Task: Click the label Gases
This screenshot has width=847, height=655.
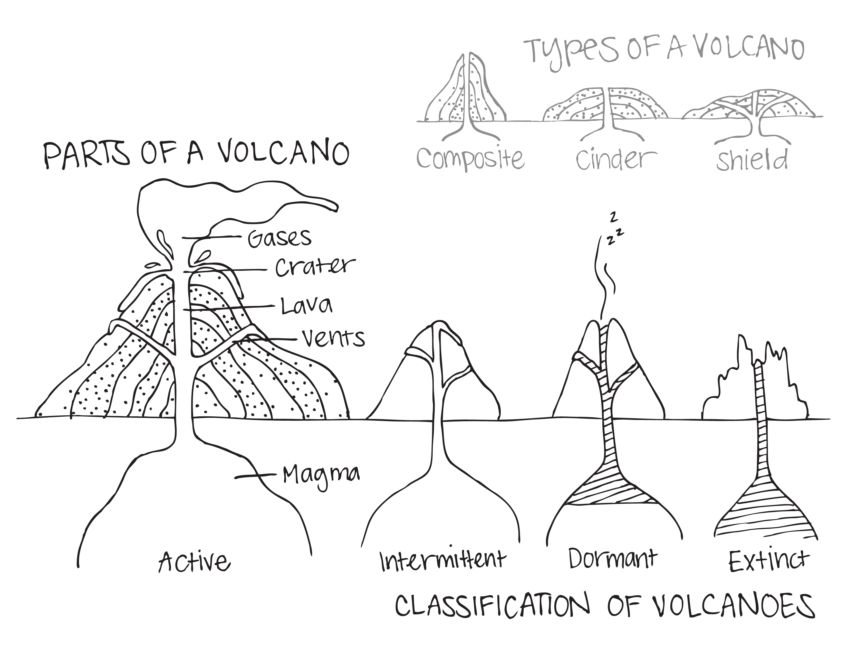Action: pos(279,238)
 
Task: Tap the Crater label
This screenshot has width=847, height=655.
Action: pos(315,267)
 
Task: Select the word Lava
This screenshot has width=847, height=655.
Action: pos(306,306)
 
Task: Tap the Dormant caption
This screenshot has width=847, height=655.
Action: pos(613,559)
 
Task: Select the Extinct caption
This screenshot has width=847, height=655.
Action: pos(769,561)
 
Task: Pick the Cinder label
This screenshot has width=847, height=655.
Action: pos(616,159)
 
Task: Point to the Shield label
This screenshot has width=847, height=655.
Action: pos(752,160)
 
